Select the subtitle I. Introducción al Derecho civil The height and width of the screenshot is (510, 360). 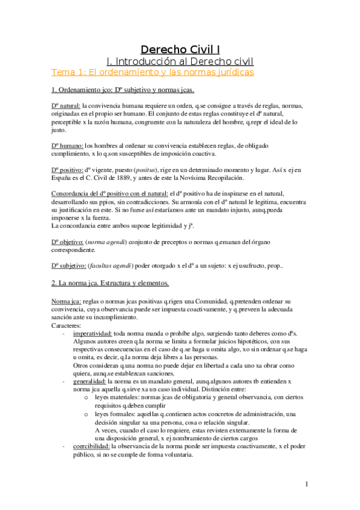click(x=180, y=61)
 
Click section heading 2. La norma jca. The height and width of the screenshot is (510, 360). click(x=110, y=283)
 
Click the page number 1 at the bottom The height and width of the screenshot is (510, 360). click(x=307, y=484)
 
